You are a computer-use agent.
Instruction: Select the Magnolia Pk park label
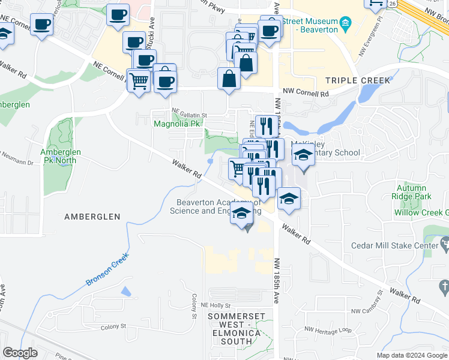pyautogui.click(x=176, y=124)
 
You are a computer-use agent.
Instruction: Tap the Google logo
pyautogui.click(x=20, y=353)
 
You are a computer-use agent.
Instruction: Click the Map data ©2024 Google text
pyautogui.click(x=411, y=355)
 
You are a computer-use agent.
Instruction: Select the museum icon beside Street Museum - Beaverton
pyautogui.click(x=345, y=25)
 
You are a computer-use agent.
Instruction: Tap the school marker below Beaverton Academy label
pyautogui.click(x=242, y=213)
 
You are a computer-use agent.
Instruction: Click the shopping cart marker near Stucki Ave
pyautogui.click(x=139, y=80)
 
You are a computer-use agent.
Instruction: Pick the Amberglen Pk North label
pyautogui.click(x=60, y=156)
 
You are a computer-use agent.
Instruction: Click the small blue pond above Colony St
pyautogui.click(x=125, y=291)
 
